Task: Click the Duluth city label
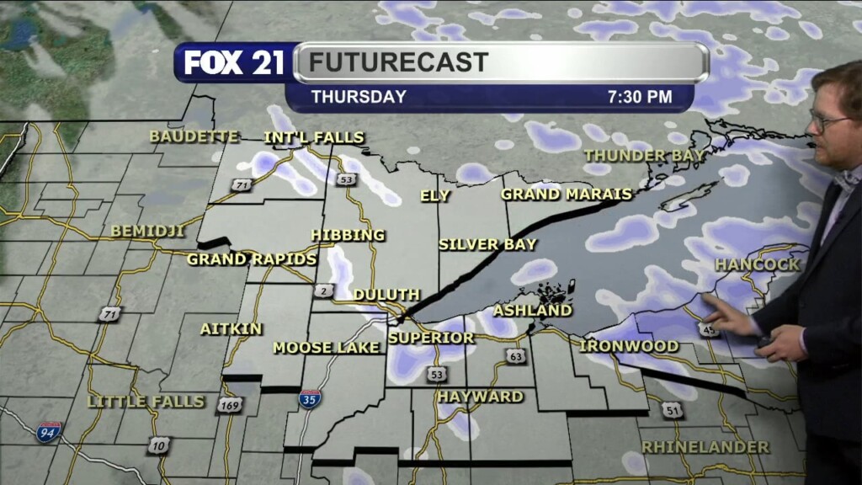(x=386, y=295)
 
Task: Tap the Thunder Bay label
(x=643, y=156)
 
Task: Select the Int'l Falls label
(x=314, y=137)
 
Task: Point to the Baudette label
(x=194, y=136)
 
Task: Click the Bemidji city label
(x=147, y=231)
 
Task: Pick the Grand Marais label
(x=566, y=195)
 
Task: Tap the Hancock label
(x=757, y=264)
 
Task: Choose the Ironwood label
(x=629, y=346)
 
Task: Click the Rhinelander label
(x=705, y=447)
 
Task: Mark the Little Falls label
(x=146, y=402)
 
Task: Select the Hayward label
(x=480, y=397)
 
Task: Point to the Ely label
(x=435, y=196)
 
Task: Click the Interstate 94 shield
(x=49, y=433)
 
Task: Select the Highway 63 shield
(x=516, y=357)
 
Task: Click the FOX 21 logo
(x=233, y=62)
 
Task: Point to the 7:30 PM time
(x=639, y=97)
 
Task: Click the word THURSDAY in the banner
(x=359, y=97)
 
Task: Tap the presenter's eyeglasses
(x=827, y=122)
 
